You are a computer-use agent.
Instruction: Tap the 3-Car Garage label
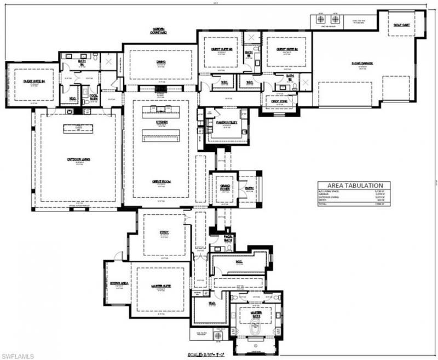(362, 64)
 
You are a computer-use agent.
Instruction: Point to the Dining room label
(160, 62)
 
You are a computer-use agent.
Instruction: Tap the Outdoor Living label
(78, 159)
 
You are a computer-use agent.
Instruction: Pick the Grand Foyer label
(224, 187)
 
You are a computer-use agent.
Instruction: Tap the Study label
(164, 232)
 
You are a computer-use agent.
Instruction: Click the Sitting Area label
(119, 282)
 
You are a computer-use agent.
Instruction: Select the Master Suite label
(161, 286)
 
